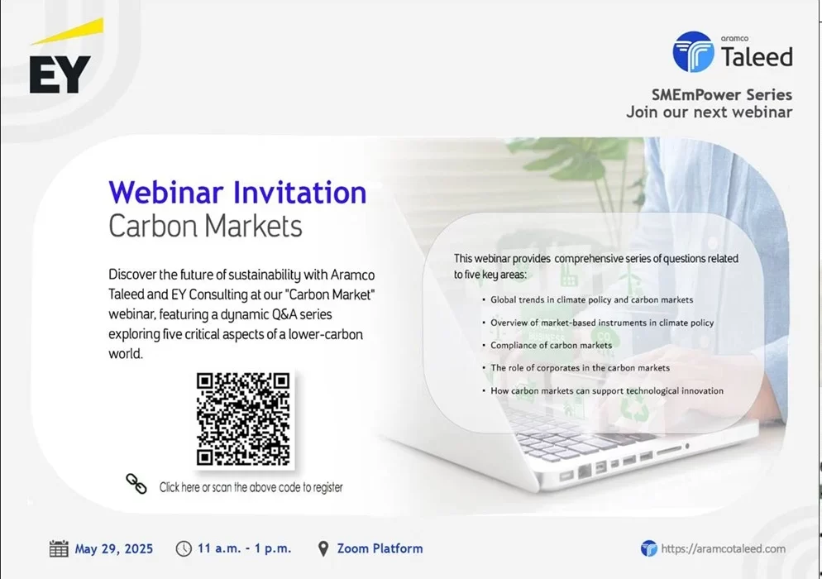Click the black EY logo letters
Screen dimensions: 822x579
[x=60, y=74]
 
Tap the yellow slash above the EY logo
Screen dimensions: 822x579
[x=67, y=31]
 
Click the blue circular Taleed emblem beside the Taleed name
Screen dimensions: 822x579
[x=693, y=51]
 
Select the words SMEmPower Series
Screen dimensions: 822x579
[x=722, y=95]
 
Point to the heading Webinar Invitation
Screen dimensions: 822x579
[x=237, y=192]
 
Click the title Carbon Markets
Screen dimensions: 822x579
[x=205, y=226]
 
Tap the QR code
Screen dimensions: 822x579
[x=243, y=419]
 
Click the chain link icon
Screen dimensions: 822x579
[x=136, y=484]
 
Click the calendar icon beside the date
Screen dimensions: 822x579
[x=59, y=548]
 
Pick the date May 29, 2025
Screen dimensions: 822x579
[x=114, y=549]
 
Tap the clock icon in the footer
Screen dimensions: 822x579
[x=184, y=548]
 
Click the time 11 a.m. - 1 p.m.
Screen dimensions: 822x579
[x=244, y=548]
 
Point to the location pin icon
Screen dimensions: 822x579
[x=323, y=548]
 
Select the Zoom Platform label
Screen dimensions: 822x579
[x=380, y=548]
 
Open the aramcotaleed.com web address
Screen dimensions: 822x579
[x=724, y=548]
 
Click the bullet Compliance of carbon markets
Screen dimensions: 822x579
[x=551, y=345]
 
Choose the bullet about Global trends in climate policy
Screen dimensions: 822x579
[x=592, y=300]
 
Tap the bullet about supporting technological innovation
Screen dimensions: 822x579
[x=607, y=390]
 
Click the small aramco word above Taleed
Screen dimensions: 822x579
[x=734, y=38]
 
